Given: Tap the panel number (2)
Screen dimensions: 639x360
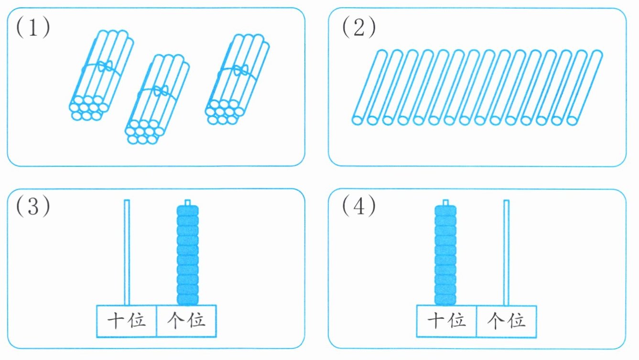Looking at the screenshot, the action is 359,29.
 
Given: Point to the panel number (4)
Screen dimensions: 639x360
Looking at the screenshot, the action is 359,207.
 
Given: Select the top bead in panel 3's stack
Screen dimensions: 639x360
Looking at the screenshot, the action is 187,211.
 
